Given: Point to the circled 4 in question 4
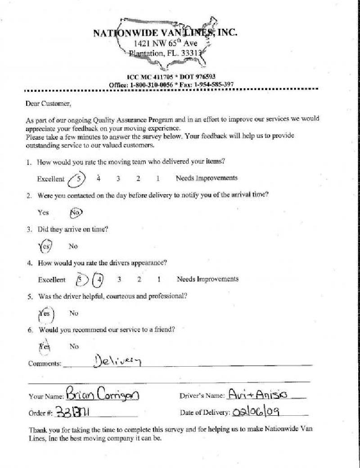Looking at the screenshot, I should point(99,279).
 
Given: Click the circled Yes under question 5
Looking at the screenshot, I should point(45,314).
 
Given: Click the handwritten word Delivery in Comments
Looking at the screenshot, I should point(118,361).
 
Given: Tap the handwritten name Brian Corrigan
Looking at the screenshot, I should point(103,395).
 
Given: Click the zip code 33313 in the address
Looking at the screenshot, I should point(193,53).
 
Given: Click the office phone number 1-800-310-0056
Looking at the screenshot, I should point(152,84).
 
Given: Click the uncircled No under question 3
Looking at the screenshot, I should point(73,246).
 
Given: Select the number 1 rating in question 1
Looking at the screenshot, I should point(158,179).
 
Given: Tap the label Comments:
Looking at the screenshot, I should point(45,363).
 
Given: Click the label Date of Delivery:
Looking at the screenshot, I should point(205,412).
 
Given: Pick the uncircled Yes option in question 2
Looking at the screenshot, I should point(43,213).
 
